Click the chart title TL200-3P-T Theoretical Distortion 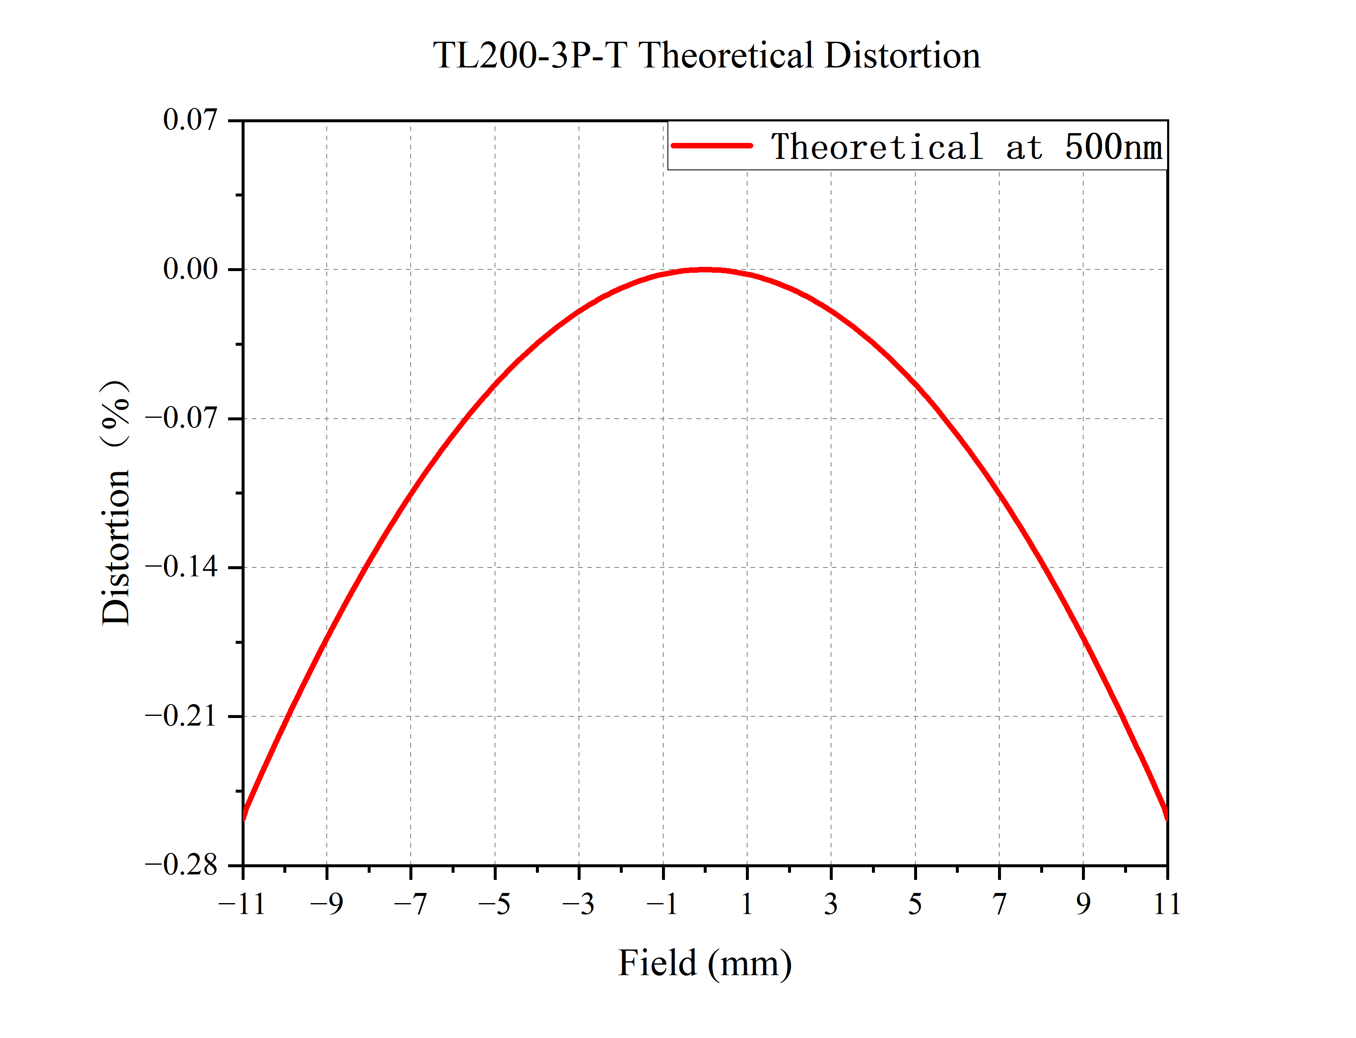pos(706,56)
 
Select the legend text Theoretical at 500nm pos(966,147)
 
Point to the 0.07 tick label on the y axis pos(190,119)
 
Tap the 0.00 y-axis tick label pos(190,269)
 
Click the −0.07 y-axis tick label pos(182,418)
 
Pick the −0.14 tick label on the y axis pos(182,567)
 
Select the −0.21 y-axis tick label pos(182,716)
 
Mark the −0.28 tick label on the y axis pos(182,865)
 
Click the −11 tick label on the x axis pos(242,904)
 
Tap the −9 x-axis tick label pos(326,904)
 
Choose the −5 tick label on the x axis pos(494,904)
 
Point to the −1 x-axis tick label pos(662,904)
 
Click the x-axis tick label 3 pos(831,904)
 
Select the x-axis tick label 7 pos(999,904)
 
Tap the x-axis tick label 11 pos(1167,904)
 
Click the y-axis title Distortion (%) pos(116,502)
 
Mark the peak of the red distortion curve pos(705,269)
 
